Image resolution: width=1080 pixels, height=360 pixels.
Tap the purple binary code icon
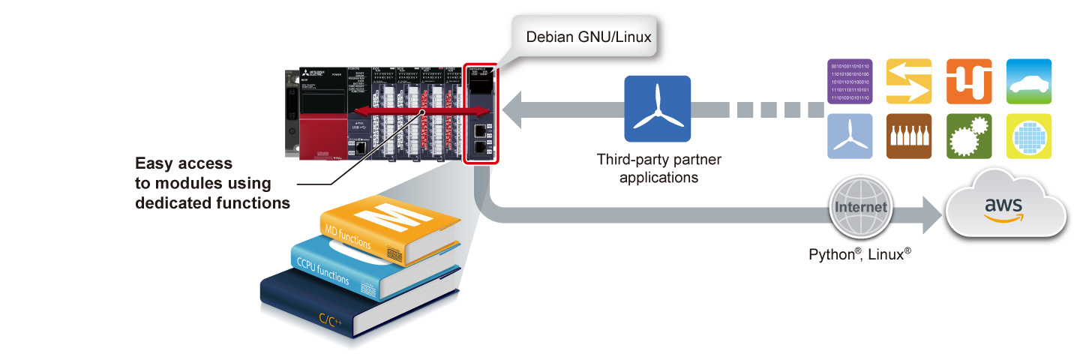849,81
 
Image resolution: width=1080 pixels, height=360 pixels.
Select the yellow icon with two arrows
909,81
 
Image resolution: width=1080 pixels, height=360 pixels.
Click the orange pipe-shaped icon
968,81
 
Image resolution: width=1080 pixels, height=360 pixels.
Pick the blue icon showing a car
1027,81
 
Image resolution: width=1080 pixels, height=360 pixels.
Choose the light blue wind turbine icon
849,136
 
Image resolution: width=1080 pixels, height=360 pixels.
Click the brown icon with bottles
909,136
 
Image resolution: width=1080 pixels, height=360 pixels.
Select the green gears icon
968,136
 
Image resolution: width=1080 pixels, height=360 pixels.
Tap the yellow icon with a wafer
1027,136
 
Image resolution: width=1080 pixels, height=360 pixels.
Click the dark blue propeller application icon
657,109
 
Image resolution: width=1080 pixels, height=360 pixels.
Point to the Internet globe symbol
859,206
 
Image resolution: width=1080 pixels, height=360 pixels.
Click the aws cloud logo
1006,207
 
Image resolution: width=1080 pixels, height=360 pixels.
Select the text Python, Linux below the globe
859,253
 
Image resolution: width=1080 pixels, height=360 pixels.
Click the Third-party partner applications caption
658,169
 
